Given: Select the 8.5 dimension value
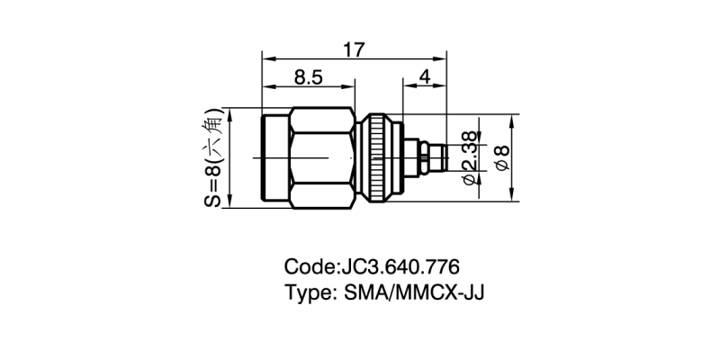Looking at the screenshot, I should [x=308, y=77].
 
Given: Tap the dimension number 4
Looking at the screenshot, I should [x=424, y=77].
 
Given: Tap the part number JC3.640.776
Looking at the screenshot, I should [x=399, y=267].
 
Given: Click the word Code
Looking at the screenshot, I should [x=308, y=267].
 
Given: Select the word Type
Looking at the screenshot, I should [x=308, y=293].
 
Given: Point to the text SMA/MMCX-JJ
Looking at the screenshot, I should [x=415, y=293].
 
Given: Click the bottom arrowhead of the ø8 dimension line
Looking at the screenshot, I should [x=514, y=200].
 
